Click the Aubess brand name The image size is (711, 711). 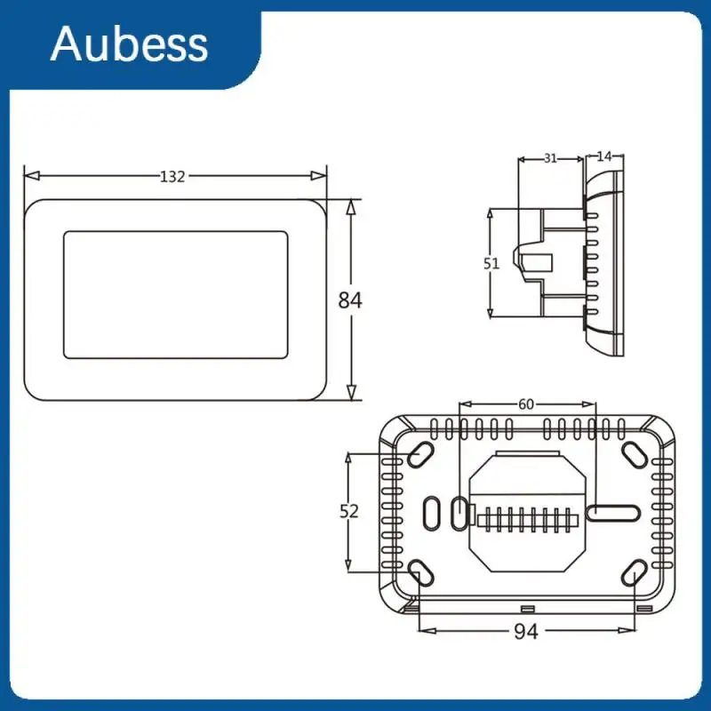pos(129,44)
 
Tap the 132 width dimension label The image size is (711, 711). pos(172,176)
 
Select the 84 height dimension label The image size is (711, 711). pos(350,300)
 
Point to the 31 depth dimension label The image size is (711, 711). pos(550,158)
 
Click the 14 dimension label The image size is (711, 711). pos(604,156)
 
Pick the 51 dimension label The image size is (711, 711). pos(491,263)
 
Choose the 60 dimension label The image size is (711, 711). pos(526,404)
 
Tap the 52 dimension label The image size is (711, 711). pos(349,512)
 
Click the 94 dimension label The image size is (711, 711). pos(526,631)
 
